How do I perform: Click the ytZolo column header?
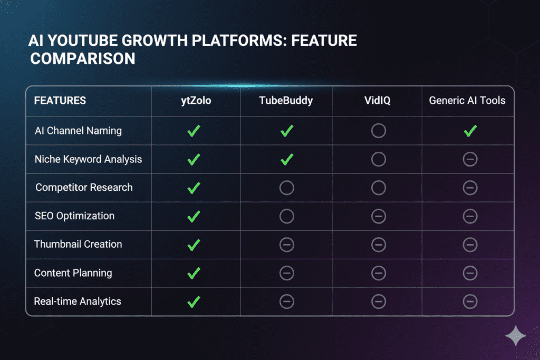tap(196, 101)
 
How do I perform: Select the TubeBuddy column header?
tap(286, 101)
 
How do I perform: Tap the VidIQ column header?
tap(378, 101)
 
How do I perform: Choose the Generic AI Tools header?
tap(467, 101)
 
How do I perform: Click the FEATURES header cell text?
tap(60, 101)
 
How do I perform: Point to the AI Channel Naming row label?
tap(78, 131)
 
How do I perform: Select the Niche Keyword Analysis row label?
tap(88, 159)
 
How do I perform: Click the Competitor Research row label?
tap(84, 188)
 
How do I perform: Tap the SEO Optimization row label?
tap(74, 216)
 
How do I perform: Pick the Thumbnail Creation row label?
tap(78, 244)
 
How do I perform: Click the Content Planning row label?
tap(73, 273)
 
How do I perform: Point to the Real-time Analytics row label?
tap(78, 301)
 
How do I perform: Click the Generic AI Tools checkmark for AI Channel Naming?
tap(470, 131)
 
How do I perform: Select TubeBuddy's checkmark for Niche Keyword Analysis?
tap(286, 160)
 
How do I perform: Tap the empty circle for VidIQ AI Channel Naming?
tap(379, 123)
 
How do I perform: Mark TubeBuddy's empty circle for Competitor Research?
tap(286, 181)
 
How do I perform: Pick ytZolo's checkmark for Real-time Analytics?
tap(194, 302)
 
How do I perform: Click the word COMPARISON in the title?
tap(83, 59)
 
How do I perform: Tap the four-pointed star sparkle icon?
tap(516, 336)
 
